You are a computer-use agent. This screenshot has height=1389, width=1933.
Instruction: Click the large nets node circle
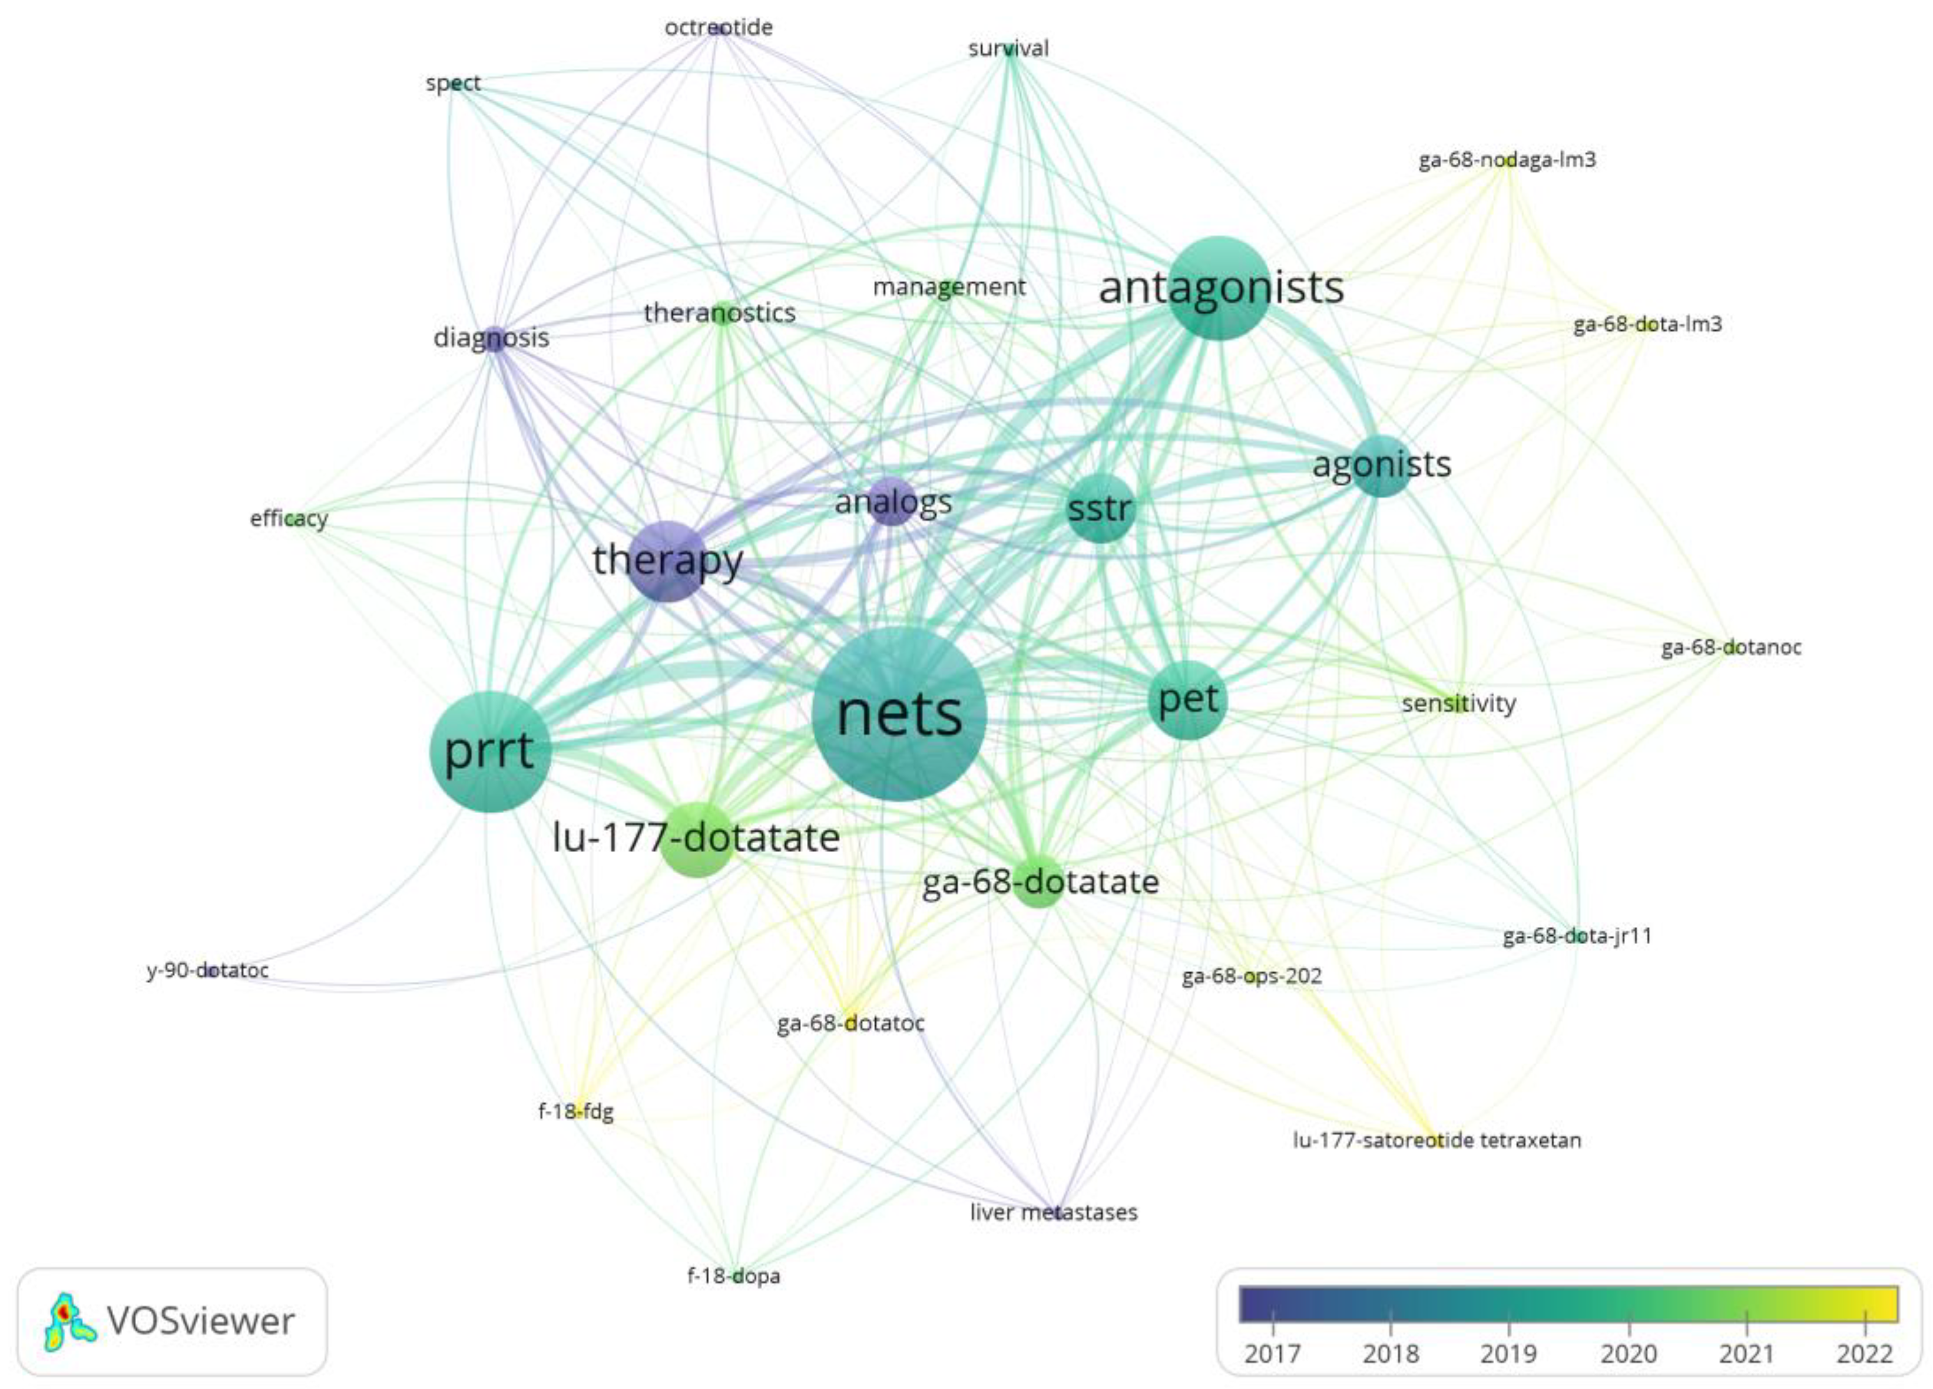coord(899,714)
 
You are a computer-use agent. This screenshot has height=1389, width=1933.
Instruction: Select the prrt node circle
coord(490,751)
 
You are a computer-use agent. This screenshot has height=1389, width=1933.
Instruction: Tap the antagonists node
coord(1220,288)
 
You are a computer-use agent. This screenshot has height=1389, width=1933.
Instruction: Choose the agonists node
coord(1381,466)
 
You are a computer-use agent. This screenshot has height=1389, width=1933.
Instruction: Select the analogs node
coord(892,502)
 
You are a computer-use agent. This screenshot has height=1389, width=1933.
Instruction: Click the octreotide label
coord(719,27)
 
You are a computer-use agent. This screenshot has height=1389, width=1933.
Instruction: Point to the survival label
coord(1008,48)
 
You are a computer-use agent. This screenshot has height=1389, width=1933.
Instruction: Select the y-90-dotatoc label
coord(208,971)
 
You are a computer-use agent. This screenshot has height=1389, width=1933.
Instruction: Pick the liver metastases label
coord(1054,1212)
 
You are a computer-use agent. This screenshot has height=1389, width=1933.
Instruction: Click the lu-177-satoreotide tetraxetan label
coord(1436,1140)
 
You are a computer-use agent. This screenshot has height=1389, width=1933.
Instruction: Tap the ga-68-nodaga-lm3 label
coord(1507,160)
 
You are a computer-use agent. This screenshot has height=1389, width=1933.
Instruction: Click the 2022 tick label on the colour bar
coord(1865,1354)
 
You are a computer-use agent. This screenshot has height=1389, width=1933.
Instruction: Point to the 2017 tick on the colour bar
coord(1273,1354)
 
